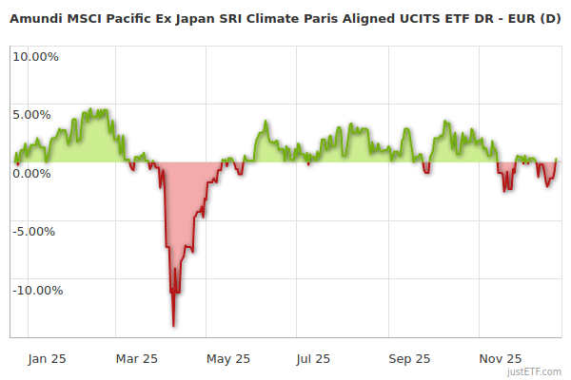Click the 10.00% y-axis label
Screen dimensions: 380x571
(x=35, y=56)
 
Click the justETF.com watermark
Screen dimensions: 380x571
(x=537, y=371)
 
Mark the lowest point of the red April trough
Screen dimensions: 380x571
(x=173, y=326)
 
